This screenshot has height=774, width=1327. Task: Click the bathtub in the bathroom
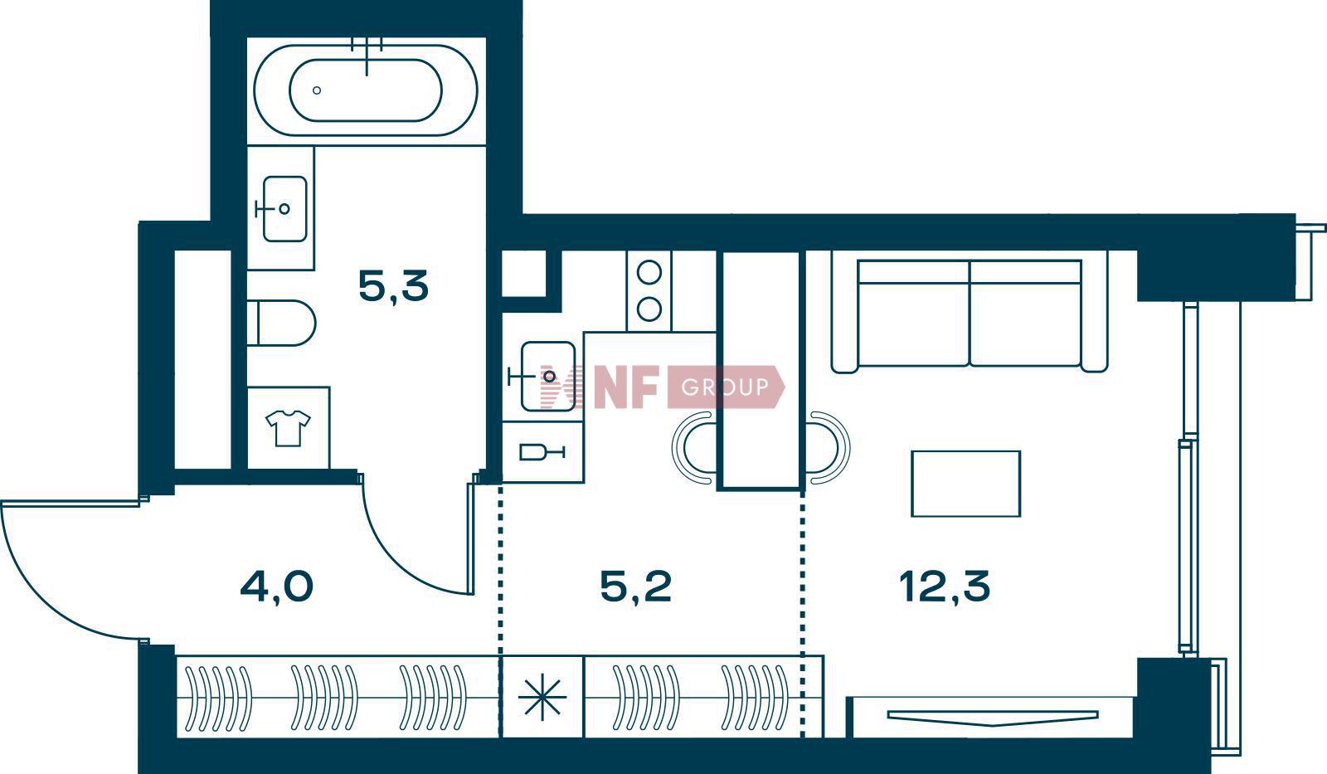pos(366,90)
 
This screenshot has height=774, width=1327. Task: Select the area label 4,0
pos(277,587)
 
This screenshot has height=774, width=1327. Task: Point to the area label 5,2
pos(635,587)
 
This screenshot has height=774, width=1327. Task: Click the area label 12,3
pos(945,587)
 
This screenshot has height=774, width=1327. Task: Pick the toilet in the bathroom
pos(281,323)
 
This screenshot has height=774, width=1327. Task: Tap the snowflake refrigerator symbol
pos(542,697)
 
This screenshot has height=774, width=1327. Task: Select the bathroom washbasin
pos(284,208)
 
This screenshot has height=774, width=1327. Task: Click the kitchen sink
pos(547,377)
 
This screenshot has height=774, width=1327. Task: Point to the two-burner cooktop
pos(649,291)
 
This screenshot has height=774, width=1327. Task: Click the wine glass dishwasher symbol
pos(542,453)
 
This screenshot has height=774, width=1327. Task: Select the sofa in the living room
pos(970,312)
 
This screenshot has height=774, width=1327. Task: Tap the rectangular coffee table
pos(965,484)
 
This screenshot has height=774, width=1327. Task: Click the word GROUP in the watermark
pos(725,387)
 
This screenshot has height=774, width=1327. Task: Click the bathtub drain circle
pos(317,90)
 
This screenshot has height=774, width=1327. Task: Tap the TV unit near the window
pos(993,718)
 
